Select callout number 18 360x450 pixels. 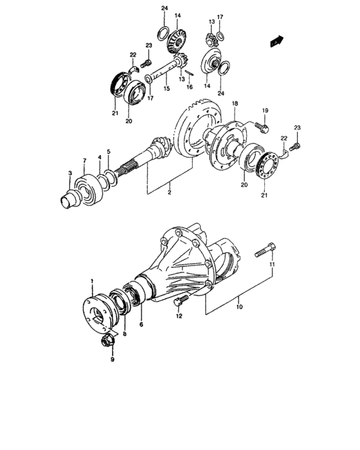(x=235, y=104)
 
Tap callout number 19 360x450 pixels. (x=264, y=111)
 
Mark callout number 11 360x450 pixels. (x=272, y=265)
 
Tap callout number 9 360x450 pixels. (x=112, y=359)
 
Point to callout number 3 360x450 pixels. (x=70, y=174)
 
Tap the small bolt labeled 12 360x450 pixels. (x=181, y=301)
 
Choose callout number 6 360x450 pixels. (x=141, y=325)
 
